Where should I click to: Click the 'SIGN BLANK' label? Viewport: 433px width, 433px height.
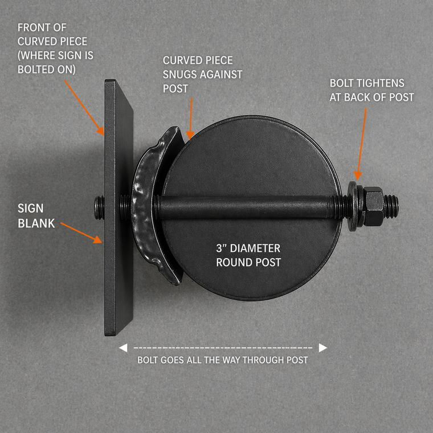pos(36,216)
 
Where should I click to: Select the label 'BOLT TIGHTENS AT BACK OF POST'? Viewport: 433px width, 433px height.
pos(371,90)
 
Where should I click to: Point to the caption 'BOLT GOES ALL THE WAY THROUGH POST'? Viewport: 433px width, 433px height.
pos(222,360)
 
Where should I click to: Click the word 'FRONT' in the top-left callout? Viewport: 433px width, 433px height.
pos(32,27)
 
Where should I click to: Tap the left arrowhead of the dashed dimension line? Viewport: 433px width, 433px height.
pos(122,348)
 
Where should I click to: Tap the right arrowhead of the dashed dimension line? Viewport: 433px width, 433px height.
pos(323,348)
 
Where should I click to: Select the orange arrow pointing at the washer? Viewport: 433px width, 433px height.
pos(360,142)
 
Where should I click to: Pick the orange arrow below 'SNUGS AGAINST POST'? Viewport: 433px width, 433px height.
pos(191,117)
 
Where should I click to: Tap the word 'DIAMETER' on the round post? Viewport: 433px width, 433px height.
pos(259,248)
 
